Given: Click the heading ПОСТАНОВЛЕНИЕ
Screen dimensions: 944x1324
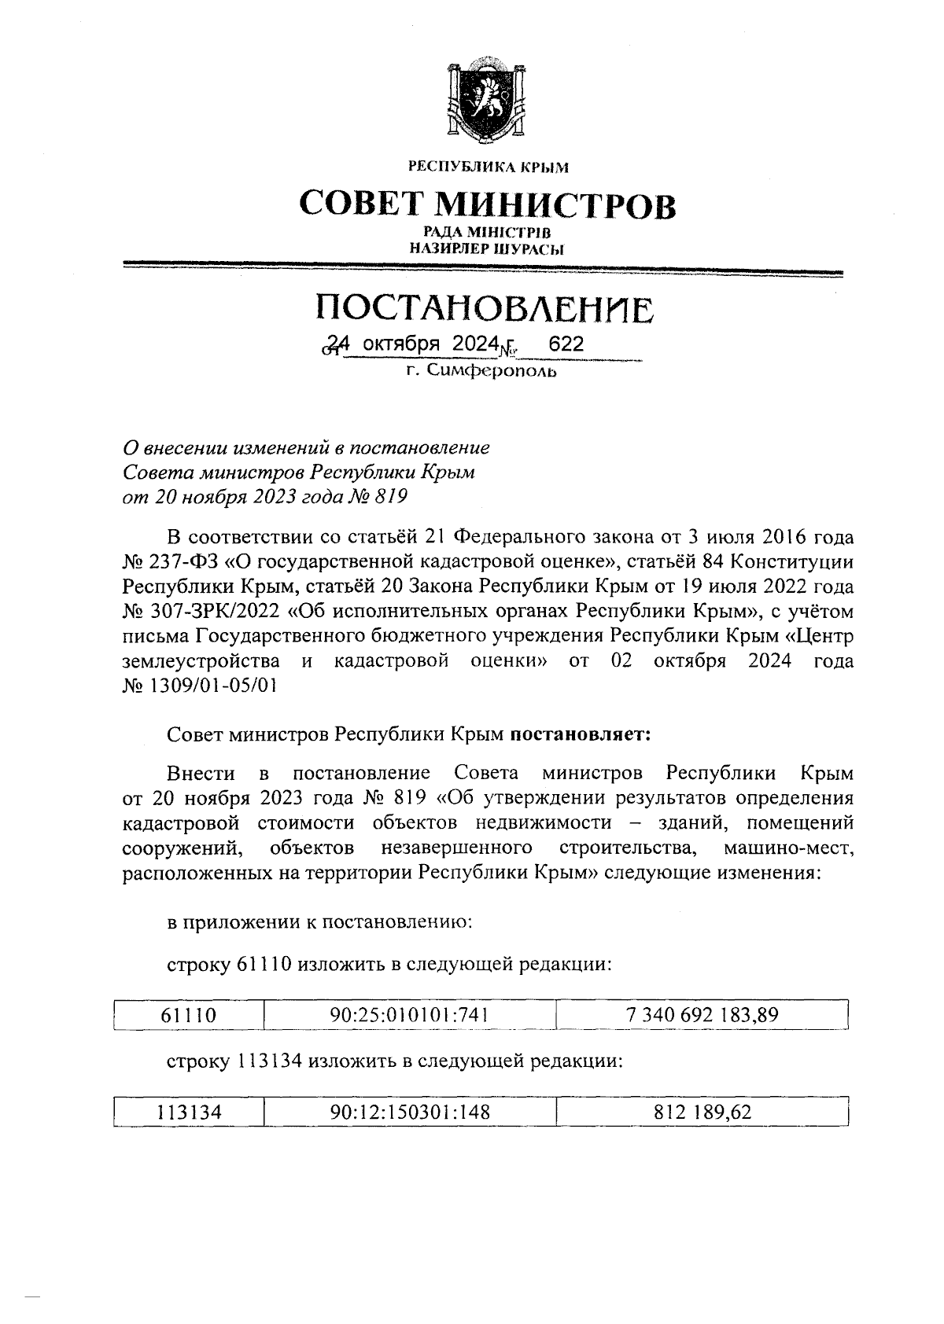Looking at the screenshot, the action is pos(485,309).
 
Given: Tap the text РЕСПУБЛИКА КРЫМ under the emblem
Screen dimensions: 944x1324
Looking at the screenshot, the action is pos(487,167).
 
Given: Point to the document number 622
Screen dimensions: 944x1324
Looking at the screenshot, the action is pos(566,344).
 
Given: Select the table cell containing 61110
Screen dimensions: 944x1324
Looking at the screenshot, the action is pos(188,1015).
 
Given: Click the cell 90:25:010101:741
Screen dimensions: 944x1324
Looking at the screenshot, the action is pos(409,1015).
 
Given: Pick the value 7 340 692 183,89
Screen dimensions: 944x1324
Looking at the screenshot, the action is pos(702,1015).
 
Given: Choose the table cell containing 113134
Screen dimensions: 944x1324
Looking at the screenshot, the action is pos(188,1113).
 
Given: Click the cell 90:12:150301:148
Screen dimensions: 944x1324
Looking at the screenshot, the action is pos(409,1113).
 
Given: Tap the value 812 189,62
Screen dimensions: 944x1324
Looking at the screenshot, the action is pos(702,1113).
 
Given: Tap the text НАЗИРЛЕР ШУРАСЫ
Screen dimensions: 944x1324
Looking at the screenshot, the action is pos(487,249).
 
